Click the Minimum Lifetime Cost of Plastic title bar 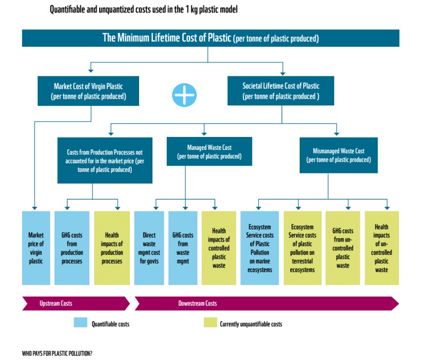tap(210, 38)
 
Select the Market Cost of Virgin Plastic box tap(88, 91)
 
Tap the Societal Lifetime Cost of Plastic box tap(281, 91)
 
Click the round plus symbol tap(184, 95)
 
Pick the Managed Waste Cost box tap(209, 152)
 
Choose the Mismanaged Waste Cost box tap(338, 155)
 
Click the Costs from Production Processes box tap(105, 160)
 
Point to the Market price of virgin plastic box tap(36, 248)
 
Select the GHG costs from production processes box tap(72, 248)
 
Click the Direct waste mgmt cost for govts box tap(149, 248)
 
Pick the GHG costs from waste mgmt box tap(183, 248)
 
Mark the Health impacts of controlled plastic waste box tap(219, 248)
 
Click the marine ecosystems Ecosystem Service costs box tap(260, 248)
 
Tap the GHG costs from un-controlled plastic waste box tap(343, 248)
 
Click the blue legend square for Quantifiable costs tap(80, 323)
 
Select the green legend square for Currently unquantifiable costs tap(210, 323)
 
